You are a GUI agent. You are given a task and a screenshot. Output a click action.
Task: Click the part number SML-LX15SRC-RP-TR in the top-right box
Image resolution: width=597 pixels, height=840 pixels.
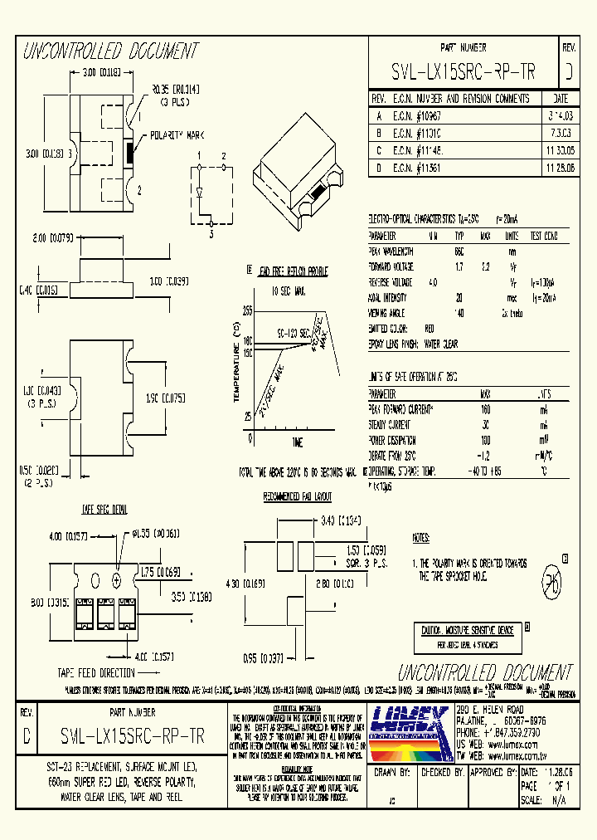(x=463, y=72)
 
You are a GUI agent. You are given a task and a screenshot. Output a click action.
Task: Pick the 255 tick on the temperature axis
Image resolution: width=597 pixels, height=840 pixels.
(x=246, y=310)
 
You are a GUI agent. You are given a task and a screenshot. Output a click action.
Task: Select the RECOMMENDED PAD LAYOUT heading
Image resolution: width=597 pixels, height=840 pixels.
(x=297, y=496)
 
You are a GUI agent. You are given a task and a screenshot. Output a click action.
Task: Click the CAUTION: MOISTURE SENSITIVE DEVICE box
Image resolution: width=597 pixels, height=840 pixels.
(x=467, y=630)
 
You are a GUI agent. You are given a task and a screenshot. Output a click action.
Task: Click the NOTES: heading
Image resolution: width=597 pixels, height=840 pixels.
(x=422, y=538)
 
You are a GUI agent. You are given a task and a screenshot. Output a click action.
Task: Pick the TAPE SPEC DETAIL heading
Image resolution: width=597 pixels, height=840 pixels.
(x=104, y=508)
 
